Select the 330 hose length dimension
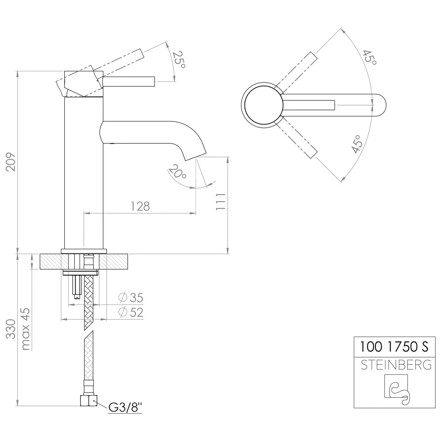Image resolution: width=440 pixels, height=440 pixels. [x=11, y=329]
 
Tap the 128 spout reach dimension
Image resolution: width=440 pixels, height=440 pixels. [x=140, y=206]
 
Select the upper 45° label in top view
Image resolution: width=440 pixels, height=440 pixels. [x=369, y=57]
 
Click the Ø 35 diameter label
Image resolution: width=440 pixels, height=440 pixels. [x=131, y=298]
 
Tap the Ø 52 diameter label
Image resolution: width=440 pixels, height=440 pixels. [x=131, y=312]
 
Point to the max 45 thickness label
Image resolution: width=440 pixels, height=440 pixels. [x=26, y=329]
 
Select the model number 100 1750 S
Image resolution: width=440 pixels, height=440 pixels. [x=394, y=347]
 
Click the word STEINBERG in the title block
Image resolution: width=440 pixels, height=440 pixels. [x=396, y=365]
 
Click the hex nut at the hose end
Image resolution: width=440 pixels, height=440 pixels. [x=89, y=400]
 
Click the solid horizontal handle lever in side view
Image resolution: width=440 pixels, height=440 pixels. [x=129, y=82]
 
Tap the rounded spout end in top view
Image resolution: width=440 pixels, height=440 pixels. [x=380, y=105]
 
